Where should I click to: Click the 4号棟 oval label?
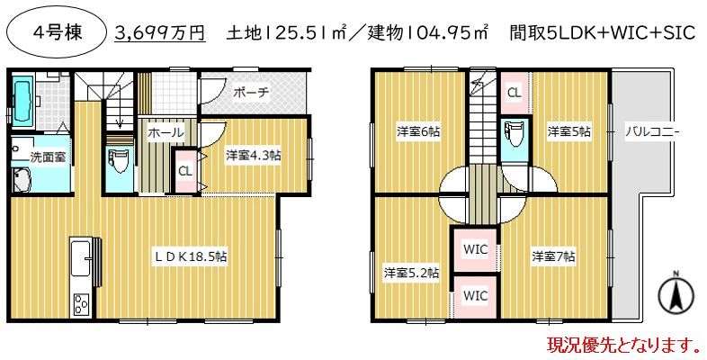coord(57,33)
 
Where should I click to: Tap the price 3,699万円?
coord(160,33)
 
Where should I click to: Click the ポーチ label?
coord(251,93)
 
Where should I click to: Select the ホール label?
coord(166,132)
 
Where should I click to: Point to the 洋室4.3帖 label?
coord(253,155)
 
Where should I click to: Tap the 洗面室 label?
coord(47,157)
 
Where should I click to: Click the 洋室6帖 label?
coord(418,131)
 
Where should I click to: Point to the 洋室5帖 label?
coord(568,131)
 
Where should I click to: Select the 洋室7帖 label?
coord(552,255)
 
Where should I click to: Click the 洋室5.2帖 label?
coord(411,272)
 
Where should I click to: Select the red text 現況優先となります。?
coord(622,344)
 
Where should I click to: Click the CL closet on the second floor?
coord(514,92)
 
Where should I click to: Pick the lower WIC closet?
coord(475,294)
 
